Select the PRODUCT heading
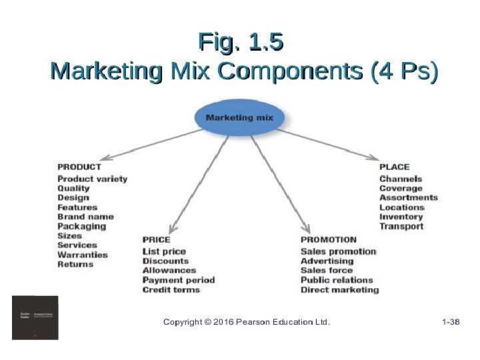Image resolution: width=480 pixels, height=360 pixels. pos(79,167)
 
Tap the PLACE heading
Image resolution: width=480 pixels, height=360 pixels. pos(394,167)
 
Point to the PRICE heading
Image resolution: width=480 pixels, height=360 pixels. pos(157,239)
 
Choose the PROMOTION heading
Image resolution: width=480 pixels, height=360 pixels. pos(329,239)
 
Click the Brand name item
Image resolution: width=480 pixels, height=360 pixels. pos(85,217)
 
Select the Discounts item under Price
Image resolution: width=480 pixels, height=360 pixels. pos(166,261)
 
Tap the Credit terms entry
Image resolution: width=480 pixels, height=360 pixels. pos(171,290)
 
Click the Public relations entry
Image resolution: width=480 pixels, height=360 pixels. pos(337,280)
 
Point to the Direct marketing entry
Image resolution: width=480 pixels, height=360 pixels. pos(339,290)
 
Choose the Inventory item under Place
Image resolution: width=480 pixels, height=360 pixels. pos(401,217)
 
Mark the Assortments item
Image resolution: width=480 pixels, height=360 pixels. pos(408,198)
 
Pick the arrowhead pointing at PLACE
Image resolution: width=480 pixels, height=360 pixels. pos(373,158)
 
